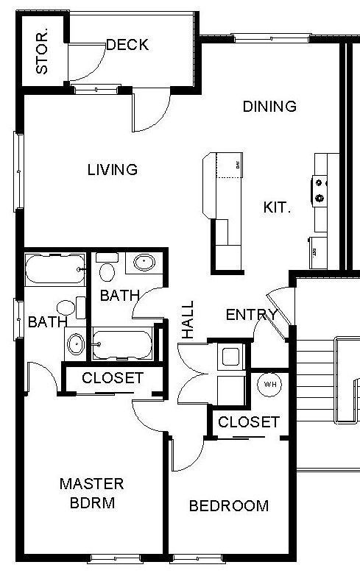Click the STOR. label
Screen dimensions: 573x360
coord(43,51)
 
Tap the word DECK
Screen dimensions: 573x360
coord(127,45)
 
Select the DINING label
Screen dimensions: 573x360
coord(269,107)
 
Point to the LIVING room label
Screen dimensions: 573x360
coord(113,170)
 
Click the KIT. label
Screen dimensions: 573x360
coord(277,207)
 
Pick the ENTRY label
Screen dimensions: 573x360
coord(251,316)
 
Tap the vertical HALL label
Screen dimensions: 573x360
coord(188,319)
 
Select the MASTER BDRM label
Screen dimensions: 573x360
coord(91,494)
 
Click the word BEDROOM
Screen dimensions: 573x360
coord(228,506)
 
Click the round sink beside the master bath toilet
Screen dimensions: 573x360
coord(76,343)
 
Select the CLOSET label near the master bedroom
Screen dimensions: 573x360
coord(113,379)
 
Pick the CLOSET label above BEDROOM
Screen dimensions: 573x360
coord(249,422)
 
